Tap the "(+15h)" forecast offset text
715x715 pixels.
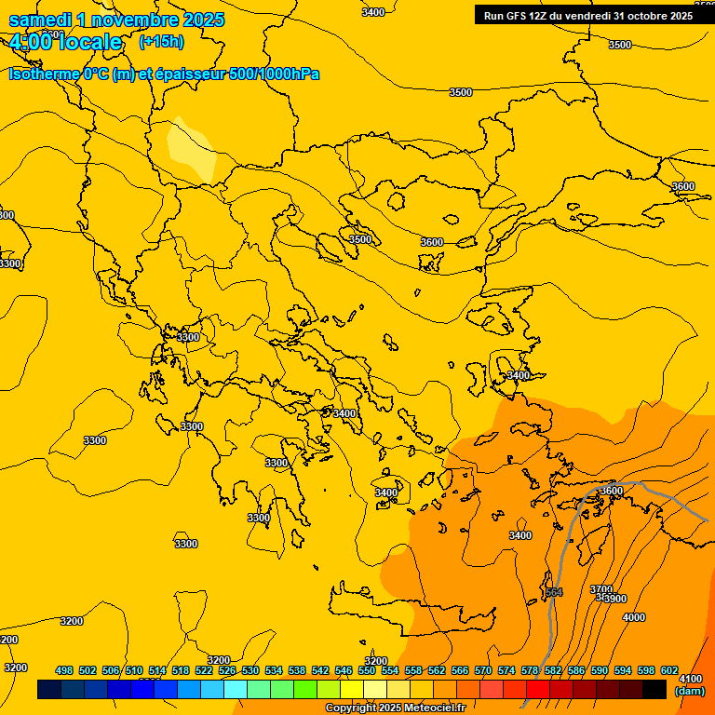coord(161,42)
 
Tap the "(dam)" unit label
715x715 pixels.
coord(690,691)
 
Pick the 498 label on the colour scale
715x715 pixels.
coord(64,671)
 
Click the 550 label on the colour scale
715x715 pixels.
coord(367,671)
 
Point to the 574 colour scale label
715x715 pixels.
coord(506,671)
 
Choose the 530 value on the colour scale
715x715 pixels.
coord(250,671)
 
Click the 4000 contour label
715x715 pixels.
coord(633,617)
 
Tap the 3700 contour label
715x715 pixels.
coord(600,589)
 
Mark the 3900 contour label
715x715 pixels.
coord(614,599)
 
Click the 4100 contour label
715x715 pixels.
coord(691,679)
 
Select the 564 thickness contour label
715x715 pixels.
coord(554,592)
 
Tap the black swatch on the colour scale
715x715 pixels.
coord(654,690)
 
